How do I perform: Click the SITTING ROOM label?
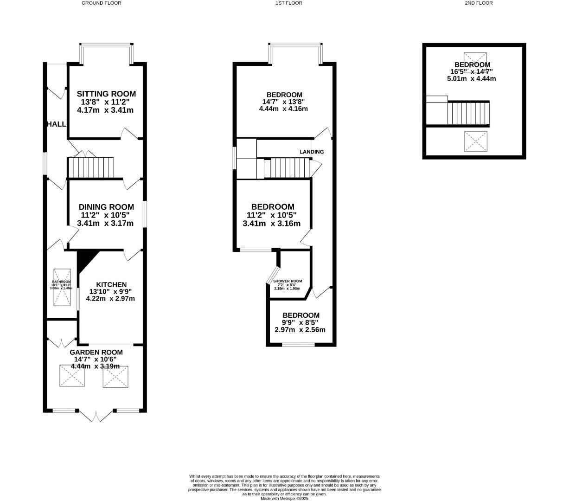(106, 94)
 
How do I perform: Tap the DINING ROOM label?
(106, 207)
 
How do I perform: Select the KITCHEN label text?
(111, 284)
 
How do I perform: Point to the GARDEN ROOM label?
(96, 352)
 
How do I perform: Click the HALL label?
(56, 124)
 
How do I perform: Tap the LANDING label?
(312, 152)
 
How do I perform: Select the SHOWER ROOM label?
(288, 281)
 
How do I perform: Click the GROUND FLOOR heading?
(101, 3)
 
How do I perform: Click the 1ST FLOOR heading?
(288, 3)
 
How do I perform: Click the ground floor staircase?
(91, 168)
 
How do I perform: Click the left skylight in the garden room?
(72, 376)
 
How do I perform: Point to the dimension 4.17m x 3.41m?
(105, 110)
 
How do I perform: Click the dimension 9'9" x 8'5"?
(300, 323)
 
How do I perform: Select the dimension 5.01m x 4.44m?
(471, 78)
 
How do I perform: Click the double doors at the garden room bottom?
(96, 416)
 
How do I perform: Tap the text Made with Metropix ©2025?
(284, 498)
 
